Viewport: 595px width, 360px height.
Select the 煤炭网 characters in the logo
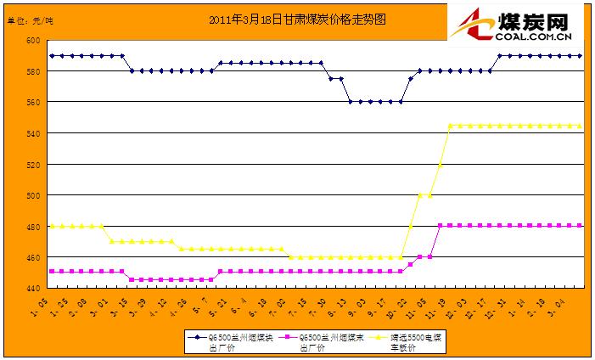point(535,20)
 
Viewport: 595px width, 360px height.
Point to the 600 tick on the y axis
point(32,40)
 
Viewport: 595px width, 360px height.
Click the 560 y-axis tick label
point(32,102)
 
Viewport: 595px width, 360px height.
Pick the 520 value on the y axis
point(32,164)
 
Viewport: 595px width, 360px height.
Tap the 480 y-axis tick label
point(32,226)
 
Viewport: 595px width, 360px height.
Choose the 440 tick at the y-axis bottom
point(32,289)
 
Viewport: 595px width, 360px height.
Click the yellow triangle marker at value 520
point(441,164)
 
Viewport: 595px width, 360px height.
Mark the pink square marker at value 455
point(411,264)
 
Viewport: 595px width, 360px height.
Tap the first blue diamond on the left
point(53,55)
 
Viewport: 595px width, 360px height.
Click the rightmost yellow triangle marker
point(579,126)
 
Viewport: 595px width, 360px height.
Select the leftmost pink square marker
point(53,272)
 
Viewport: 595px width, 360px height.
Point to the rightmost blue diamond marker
point(579,55)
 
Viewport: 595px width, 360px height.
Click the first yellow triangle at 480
point(53,226)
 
